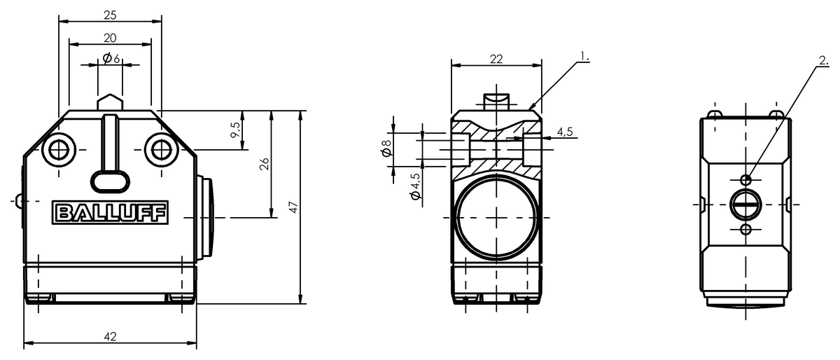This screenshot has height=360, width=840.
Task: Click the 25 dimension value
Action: coord(111,15)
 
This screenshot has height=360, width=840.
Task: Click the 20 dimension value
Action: coord(111,39)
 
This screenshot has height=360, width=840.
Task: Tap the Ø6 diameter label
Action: coord(111,59)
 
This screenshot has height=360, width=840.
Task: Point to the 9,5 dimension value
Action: coord(235,130)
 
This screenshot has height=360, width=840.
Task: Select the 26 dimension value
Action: coord(265,164)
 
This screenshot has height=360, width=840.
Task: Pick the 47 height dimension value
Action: coord(293,207)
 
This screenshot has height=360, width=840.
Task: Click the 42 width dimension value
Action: coord(111,337)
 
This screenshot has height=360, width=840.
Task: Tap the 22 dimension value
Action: coord(496,60)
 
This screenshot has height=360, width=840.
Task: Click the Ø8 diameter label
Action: coord(386,148)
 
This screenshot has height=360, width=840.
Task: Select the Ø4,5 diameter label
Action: coord(416,186)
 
